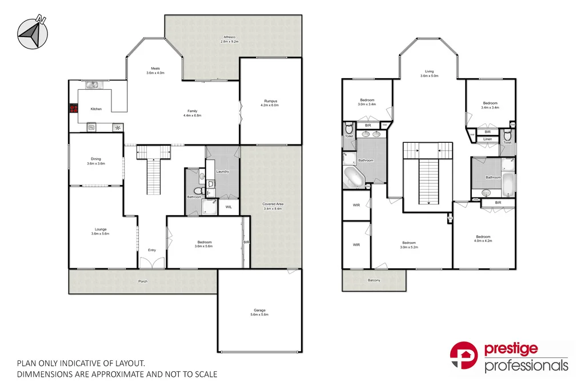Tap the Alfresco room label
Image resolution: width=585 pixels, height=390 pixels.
click(230, 38)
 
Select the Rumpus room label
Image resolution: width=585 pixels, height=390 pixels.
click(270, 101)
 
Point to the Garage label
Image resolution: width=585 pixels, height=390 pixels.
click(259, 311)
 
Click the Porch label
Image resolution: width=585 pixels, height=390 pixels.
click(143, 281)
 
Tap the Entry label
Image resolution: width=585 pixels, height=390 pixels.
click(152, 250)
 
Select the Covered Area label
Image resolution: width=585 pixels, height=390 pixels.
click(273, 204)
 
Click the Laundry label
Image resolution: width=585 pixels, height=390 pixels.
click(223, 171)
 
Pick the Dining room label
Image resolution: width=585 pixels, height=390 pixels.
click(96, 159)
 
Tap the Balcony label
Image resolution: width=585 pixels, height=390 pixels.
click(374, 280)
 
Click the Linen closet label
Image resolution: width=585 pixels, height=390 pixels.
click(487, 139)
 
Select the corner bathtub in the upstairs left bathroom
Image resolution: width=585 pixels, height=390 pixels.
click(353, 177)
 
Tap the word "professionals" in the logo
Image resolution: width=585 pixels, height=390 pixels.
click(526, 365)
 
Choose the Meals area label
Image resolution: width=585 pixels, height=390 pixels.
click(155, 69)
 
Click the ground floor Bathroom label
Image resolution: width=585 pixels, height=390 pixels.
click(194, 197)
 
